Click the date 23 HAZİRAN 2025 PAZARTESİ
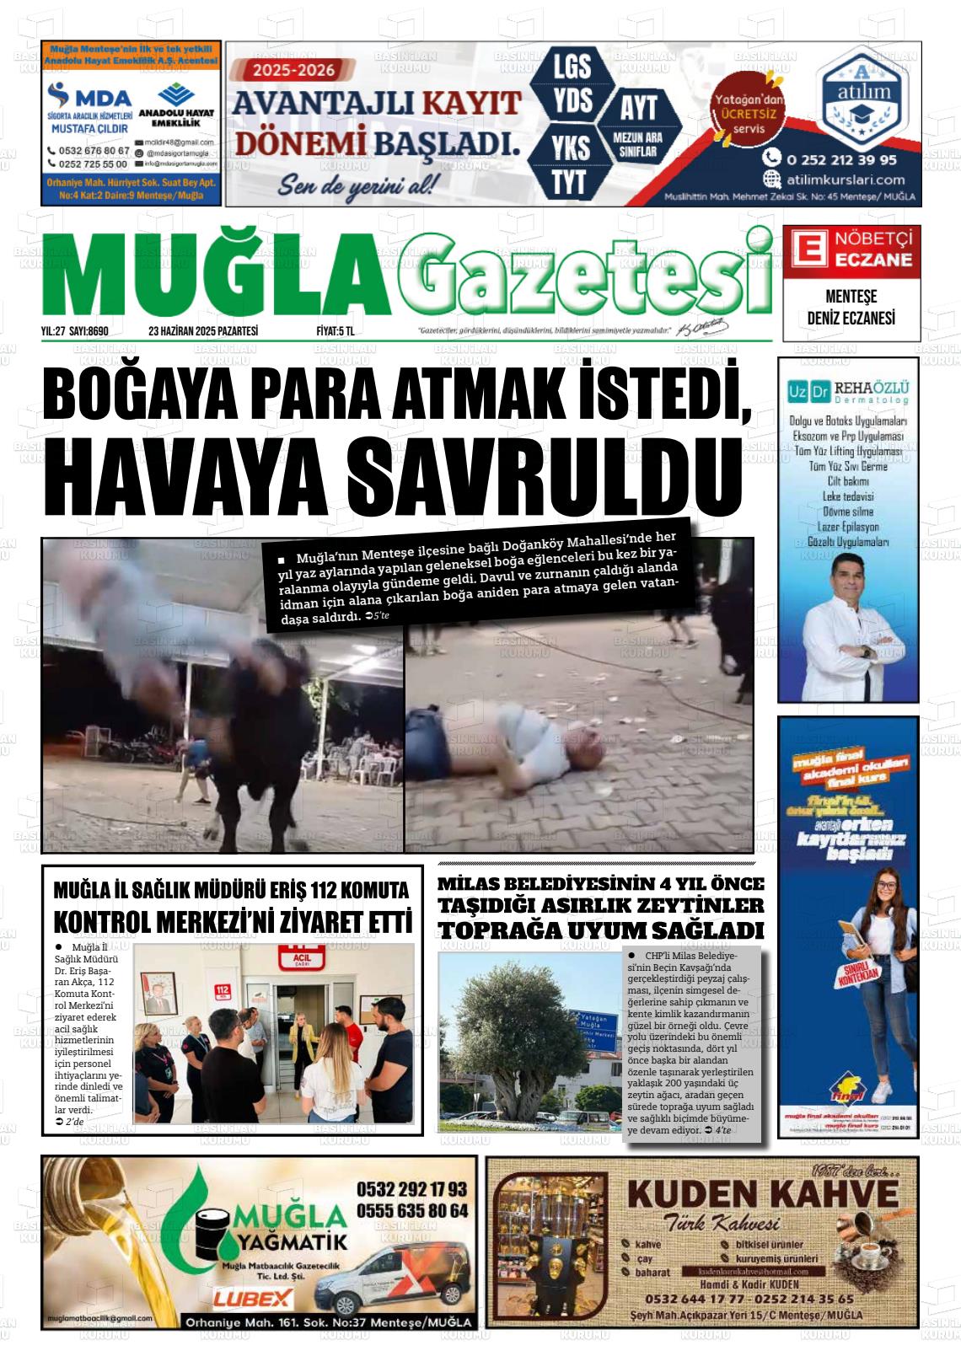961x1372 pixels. [202, 331]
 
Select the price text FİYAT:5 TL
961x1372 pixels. [335, 331]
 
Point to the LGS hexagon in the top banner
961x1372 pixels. [571, 67]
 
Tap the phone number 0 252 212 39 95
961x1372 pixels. [841, 158]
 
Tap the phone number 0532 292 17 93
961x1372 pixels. [411, 1189]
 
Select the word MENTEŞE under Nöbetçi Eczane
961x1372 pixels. [851, 297]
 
